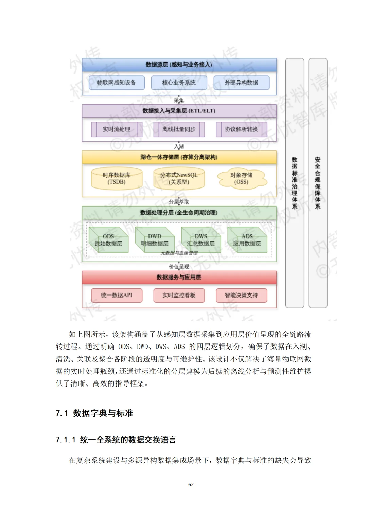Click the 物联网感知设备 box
coord(117,83)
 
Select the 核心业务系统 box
coord(179,83)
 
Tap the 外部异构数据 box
coord(241,83)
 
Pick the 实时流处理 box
coord(117,129)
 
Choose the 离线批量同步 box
coord(179,129)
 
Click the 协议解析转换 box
coord(241,129)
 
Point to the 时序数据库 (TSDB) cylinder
coord(117,179)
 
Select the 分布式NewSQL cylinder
coord(179,179)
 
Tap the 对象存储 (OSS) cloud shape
coord(241,179)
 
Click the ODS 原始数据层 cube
coord(108,240)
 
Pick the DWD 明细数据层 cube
coord(155,240)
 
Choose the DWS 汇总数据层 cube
coord(201,240)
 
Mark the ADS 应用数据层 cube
coord(247,240)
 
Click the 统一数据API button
coord(117,296)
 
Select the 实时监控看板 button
coord(179,296)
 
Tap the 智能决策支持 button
coord(241,296)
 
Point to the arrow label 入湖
coord(179,146)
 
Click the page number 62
coord(191,484)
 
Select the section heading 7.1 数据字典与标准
coord(94,413)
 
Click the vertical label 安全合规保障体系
coord(318,183)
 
